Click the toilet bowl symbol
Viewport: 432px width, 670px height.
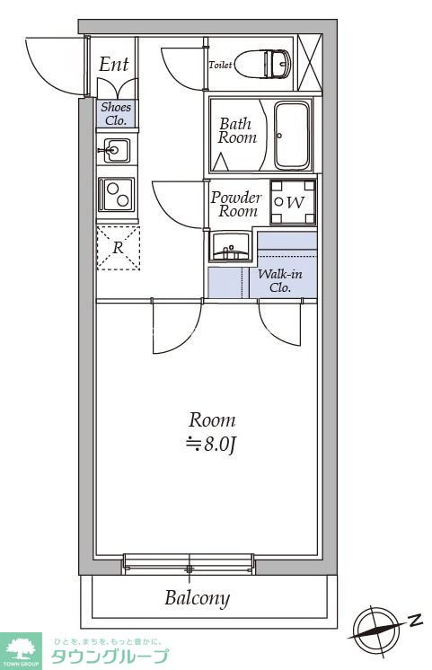click(x=263, y=64)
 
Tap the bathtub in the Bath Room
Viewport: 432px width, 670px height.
click(x=292, y=136)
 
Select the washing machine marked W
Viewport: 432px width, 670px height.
click(x=293, y=202)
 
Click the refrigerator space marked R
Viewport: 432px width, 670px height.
click(x=119, y=248)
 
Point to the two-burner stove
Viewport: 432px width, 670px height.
click(x=116, y=194)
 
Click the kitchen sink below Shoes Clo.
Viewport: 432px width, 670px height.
click(x=116, y=150)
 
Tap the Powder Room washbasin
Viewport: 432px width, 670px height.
click(x=230, y=247)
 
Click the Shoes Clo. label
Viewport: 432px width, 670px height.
click(x=116, y=114)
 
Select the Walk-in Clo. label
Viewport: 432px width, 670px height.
click(x=280, y=281)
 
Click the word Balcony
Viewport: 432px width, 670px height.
click(x=198, y=598)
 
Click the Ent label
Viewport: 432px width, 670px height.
click(x=114, y=64)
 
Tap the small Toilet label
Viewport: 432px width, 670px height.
click(x=220, y=65)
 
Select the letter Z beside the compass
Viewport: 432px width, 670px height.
click(x=414, y=620)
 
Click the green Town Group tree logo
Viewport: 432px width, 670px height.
click(x=21, y=650)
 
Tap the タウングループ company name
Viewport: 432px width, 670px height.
click(x=110, y=656)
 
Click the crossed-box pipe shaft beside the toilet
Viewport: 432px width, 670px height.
click(x=309, y=63)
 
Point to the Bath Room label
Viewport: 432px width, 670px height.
click(x=237, y=131)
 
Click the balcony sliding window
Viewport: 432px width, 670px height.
click(x=189, y=564)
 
